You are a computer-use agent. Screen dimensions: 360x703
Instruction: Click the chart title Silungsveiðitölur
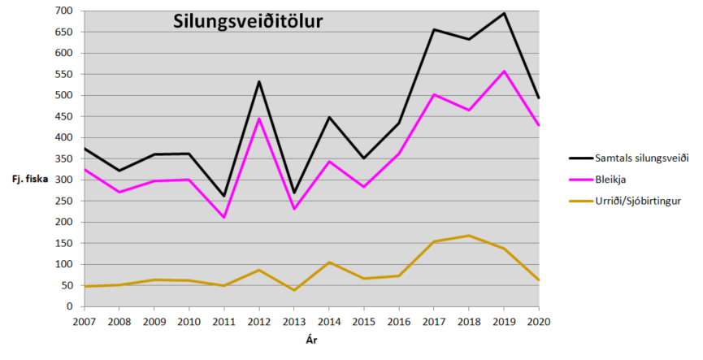tap(248, 22)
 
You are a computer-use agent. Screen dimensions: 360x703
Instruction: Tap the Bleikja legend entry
tap(608, 180)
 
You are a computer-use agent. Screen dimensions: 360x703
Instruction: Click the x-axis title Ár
tap(311, 340)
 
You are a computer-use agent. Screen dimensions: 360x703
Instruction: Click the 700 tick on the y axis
tap(64, 11)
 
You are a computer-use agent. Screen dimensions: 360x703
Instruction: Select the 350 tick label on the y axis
tap(64, 158)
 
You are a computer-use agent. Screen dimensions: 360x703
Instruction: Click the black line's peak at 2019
tap(504, 13)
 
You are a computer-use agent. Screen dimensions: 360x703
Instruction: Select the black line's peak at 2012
tap(258, 81)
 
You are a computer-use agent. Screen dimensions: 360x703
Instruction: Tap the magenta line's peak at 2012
tap(258, 119)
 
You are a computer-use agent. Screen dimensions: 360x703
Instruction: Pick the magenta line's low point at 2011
tap(223, 218)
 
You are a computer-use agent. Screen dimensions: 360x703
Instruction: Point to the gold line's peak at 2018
tap(469, 236)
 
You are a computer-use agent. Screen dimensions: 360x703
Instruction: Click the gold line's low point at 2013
tap(293, 290)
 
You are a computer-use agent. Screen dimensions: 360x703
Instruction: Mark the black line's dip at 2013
tap(293, 193)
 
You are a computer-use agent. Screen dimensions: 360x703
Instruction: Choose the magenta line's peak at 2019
tap(504, 72)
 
